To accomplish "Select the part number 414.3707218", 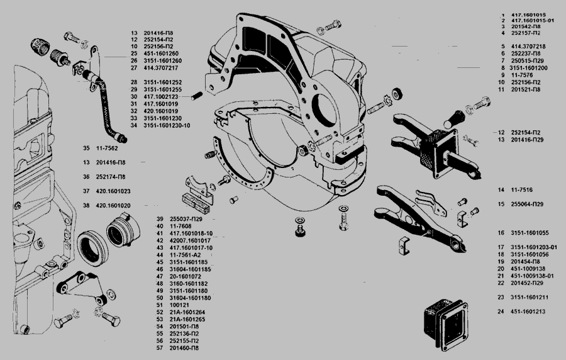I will (528, 46).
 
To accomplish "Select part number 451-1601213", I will (528, 312).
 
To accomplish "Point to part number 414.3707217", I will (160, 67).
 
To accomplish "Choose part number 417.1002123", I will (160, 97).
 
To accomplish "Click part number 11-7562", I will (108, 148).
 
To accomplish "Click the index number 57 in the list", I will (160, 347).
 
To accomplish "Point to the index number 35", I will (86, 148).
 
